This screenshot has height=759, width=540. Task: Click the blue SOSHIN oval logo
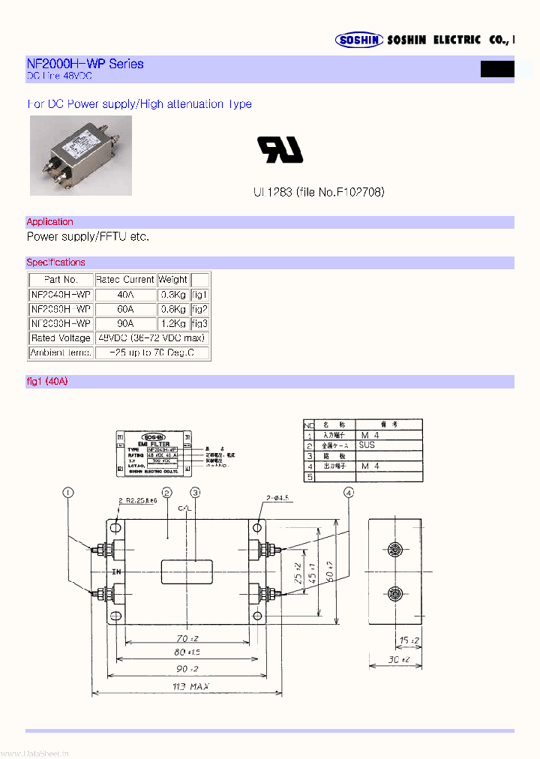coord(360,40)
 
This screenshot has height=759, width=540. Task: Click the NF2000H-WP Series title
coord(85,64)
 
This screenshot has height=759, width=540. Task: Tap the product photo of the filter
coord(81,155)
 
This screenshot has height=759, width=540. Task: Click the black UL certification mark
coord(280,150)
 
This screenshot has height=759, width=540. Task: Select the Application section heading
coord(50,222)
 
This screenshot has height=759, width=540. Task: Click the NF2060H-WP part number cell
coord(61,309)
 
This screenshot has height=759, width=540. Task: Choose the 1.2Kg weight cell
coord(173,324)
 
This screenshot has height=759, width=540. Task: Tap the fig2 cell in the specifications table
coord(199,309)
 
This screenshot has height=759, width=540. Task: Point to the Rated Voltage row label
coord(61,338)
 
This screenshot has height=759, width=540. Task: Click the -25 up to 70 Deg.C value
coord(152,352)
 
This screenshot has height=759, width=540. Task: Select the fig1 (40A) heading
coord(47,382)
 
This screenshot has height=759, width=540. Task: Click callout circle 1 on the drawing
coord(68,493)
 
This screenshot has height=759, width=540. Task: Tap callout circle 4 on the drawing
coord(349,493)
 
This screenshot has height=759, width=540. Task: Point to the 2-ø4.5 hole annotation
coord(278,497)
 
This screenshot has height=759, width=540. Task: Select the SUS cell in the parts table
coord(367,445)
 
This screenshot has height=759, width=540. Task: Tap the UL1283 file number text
coord(319,193)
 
